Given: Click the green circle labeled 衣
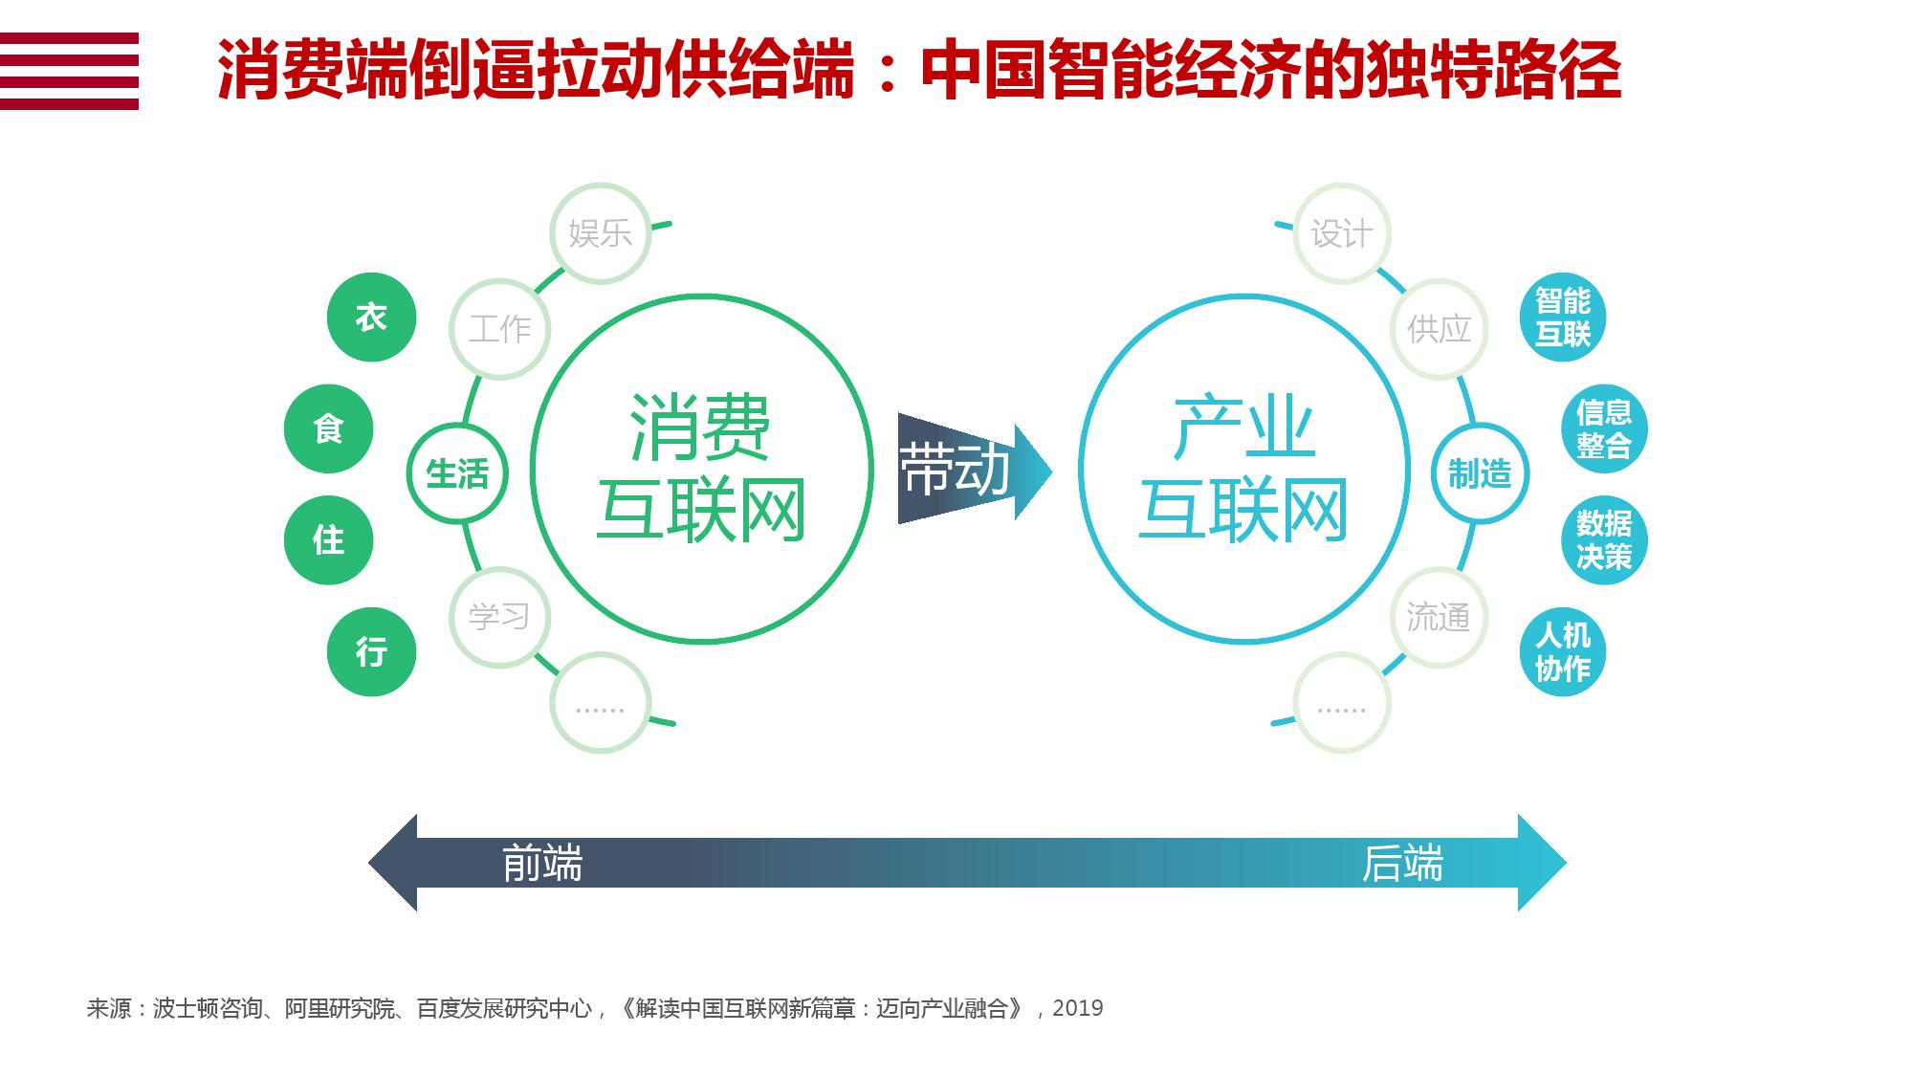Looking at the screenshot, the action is point(371,318).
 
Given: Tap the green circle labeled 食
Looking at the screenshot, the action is point(328,429).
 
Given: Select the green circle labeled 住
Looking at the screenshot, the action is point(328,540).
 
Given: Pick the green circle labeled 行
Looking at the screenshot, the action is point(371,652).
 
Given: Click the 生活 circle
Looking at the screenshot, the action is point(457,473).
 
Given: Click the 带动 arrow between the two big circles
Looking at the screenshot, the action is point(975,470).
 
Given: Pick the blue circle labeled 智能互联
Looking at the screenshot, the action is point(1563,318).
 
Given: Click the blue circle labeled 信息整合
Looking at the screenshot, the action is point(1604,429).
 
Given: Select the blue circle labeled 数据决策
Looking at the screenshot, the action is point(1604,540).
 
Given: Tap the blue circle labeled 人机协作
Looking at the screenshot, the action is point(1563,652).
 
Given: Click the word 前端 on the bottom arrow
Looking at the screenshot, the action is point(542,863).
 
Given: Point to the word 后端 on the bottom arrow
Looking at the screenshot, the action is point(1402,863).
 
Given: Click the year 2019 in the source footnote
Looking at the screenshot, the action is point(1078,1008).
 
